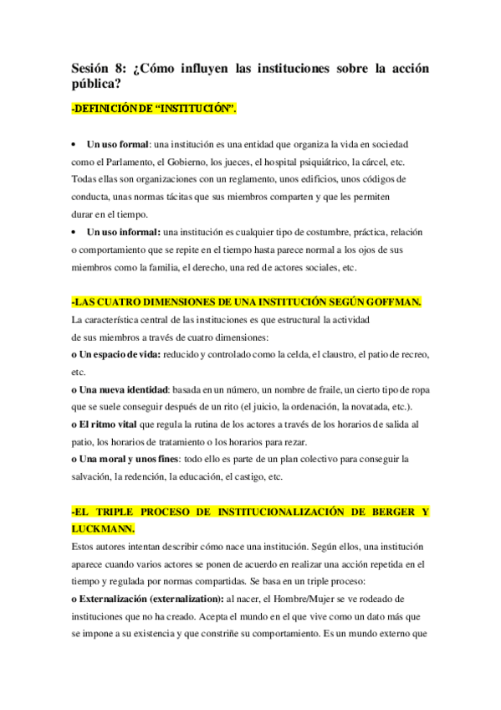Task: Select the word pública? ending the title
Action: pos(97,84)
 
